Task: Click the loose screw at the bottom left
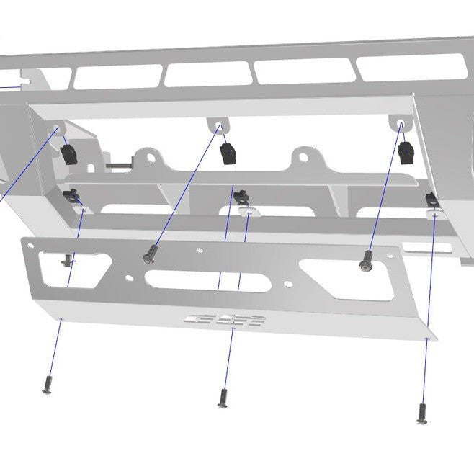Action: pyautogui.click(x=48, y=387)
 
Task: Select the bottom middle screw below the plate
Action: pyautogui.click(x=223, y=397)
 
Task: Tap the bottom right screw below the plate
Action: pyautogui.click(x=421, y=413)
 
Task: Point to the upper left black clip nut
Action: pyautogui.click(x=70, y=153)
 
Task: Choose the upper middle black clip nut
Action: pyautogui.click(x=228, y=151)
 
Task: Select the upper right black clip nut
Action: pyautogui.click(x=406, y=151)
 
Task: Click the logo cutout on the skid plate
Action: pyautogui.click(x=225, y=320)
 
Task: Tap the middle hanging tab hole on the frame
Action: pyautogui.click(x=218, y=127)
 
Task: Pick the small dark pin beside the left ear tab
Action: pyautogui.click(x=115, y=164)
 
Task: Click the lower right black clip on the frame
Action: pyautogui.click(x=431, y=200)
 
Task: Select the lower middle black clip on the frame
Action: pyautogui.click(x=245, y=195)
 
